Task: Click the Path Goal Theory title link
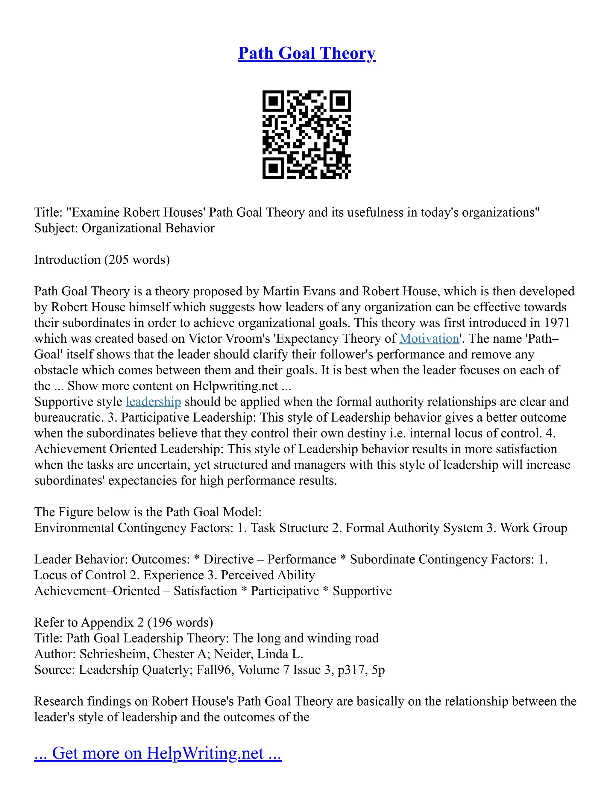coord(306,53)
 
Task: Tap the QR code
coord(306,134)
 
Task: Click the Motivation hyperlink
coord(429,339)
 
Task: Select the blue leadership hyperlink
coord(153,402)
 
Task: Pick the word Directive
coord(228,560)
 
